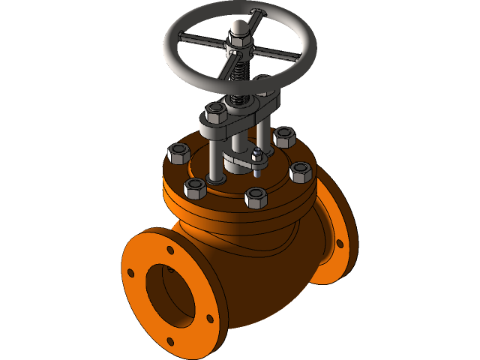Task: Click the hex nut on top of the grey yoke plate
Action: pyautogui.click(x=215, y=113)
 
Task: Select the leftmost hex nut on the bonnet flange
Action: pyautogui.click(x=178, y=153)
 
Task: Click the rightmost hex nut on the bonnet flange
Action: pyautogui.click(x=300, y=172)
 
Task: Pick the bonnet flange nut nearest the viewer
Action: pyautogui.click(x=256, y=199)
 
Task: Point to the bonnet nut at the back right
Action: pyautogui.click(x=284, y=137)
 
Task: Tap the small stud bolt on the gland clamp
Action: pyautogui.click(x=257, y=158)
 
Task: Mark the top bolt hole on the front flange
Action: pyautogui.click(x=170, y=251)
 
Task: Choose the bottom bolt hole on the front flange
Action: pyautogui.click(x=170, y=341)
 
